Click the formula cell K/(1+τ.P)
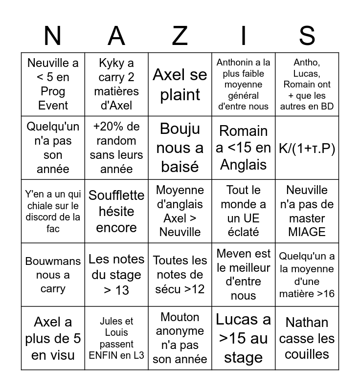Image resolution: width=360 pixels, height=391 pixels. tap(307, 148)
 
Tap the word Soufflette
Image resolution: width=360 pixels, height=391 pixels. tap(116, 195)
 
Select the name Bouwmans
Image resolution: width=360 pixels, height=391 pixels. tap(53, 261)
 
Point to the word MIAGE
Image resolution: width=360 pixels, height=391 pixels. tap(307, 232)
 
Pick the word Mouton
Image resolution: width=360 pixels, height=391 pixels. tap(180, 317)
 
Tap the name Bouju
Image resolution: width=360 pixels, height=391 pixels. tap(180, 129)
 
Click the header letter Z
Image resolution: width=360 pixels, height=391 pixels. tap(180, 36)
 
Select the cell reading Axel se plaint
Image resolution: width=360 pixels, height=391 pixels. tap(180, 85)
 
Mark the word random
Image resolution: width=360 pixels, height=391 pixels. tap(116, 141)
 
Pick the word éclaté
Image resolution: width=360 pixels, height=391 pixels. tap(244, 232)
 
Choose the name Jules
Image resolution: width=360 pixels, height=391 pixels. tap(110, 322)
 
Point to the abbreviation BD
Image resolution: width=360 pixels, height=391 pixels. tap(328, 106)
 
